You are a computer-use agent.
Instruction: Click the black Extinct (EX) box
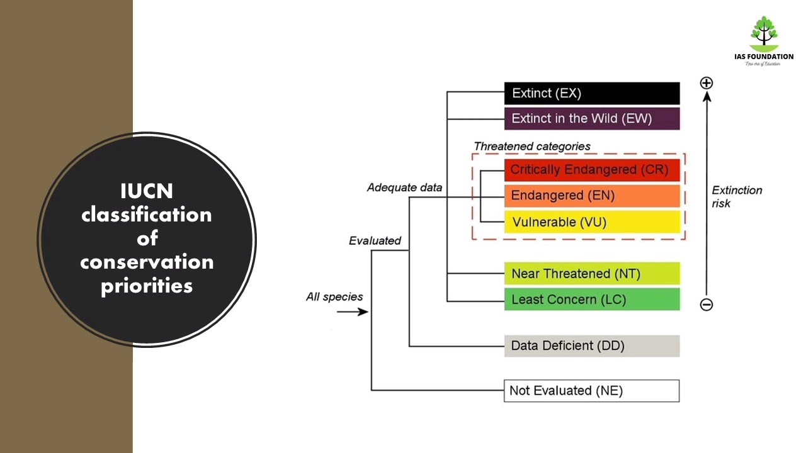592,93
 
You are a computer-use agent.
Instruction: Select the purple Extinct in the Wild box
592,119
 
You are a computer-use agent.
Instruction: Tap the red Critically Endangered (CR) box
592,170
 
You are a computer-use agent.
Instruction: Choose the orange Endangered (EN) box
592,196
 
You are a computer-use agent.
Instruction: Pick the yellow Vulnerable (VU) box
592,222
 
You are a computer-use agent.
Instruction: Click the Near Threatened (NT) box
592,274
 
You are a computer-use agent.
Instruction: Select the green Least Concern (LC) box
592,299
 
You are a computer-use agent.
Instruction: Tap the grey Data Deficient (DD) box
592,346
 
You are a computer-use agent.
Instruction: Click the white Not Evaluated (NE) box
591,391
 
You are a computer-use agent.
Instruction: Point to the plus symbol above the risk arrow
707,83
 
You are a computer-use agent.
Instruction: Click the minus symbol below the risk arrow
707,305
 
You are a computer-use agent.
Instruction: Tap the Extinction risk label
737,197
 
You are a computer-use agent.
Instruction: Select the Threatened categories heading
532,147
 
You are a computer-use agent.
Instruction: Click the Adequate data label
404,187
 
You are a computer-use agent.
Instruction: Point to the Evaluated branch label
375,240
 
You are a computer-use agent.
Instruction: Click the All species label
334,296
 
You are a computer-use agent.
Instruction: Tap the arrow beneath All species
353,311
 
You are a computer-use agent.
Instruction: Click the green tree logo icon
764,34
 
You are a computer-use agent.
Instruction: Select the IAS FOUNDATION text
764,57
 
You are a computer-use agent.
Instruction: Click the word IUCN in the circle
147,191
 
